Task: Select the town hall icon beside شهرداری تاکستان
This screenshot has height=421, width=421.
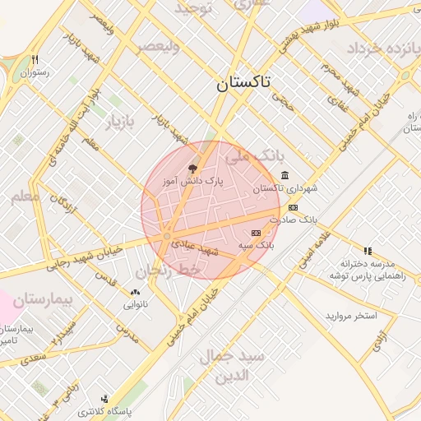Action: point(285,175)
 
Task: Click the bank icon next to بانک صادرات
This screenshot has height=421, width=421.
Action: point(293,207)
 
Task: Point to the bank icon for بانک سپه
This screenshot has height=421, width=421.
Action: point(255,233)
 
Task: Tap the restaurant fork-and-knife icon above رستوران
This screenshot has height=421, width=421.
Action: point(35,59)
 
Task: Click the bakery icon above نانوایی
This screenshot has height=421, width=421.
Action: point(135,292)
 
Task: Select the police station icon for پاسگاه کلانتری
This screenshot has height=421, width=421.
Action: point(104,398)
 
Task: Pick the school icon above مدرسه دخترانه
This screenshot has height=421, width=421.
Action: point(368,251)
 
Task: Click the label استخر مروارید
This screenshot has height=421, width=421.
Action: point(350,316)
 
